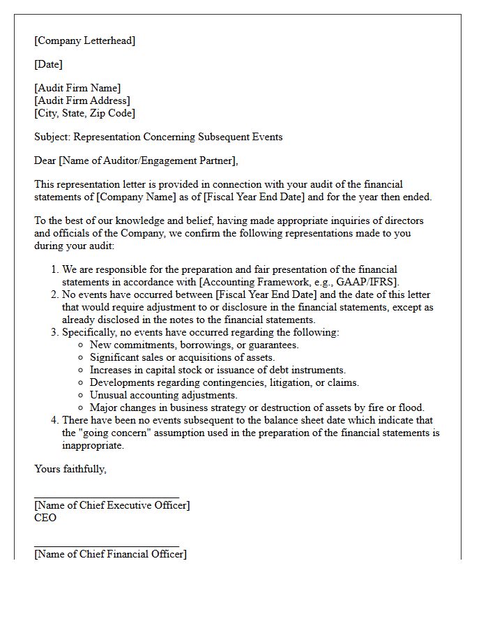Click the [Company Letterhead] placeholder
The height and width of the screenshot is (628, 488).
coord(85,40)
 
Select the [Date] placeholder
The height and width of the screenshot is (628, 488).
coord(48,64)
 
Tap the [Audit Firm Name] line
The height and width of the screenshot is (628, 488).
coord(77,88)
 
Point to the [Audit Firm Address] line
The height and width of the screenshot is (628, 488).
coord(82,100)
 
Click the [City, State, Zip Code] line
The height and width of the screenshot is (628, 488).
coord(84,113)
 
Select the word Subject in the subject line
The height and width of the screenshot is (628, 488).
coord(51,137)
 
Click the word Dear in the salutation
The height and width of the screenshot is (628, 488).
coord(45,160)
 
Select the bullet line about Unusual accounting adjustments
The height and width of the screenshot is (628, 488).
coord(163,395)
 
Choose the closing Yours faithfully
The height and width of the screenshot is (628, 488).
coord(70,469)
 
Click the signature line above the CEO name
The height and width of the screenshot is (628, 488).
coord(106,497)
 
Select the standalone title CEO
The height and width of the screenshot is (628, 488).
coord(45,518)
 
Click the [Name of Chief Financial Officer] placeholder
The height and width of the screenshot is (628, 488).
coord(110,554)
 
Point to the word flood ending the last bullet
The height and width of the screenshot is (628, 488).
coord(410,408)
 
